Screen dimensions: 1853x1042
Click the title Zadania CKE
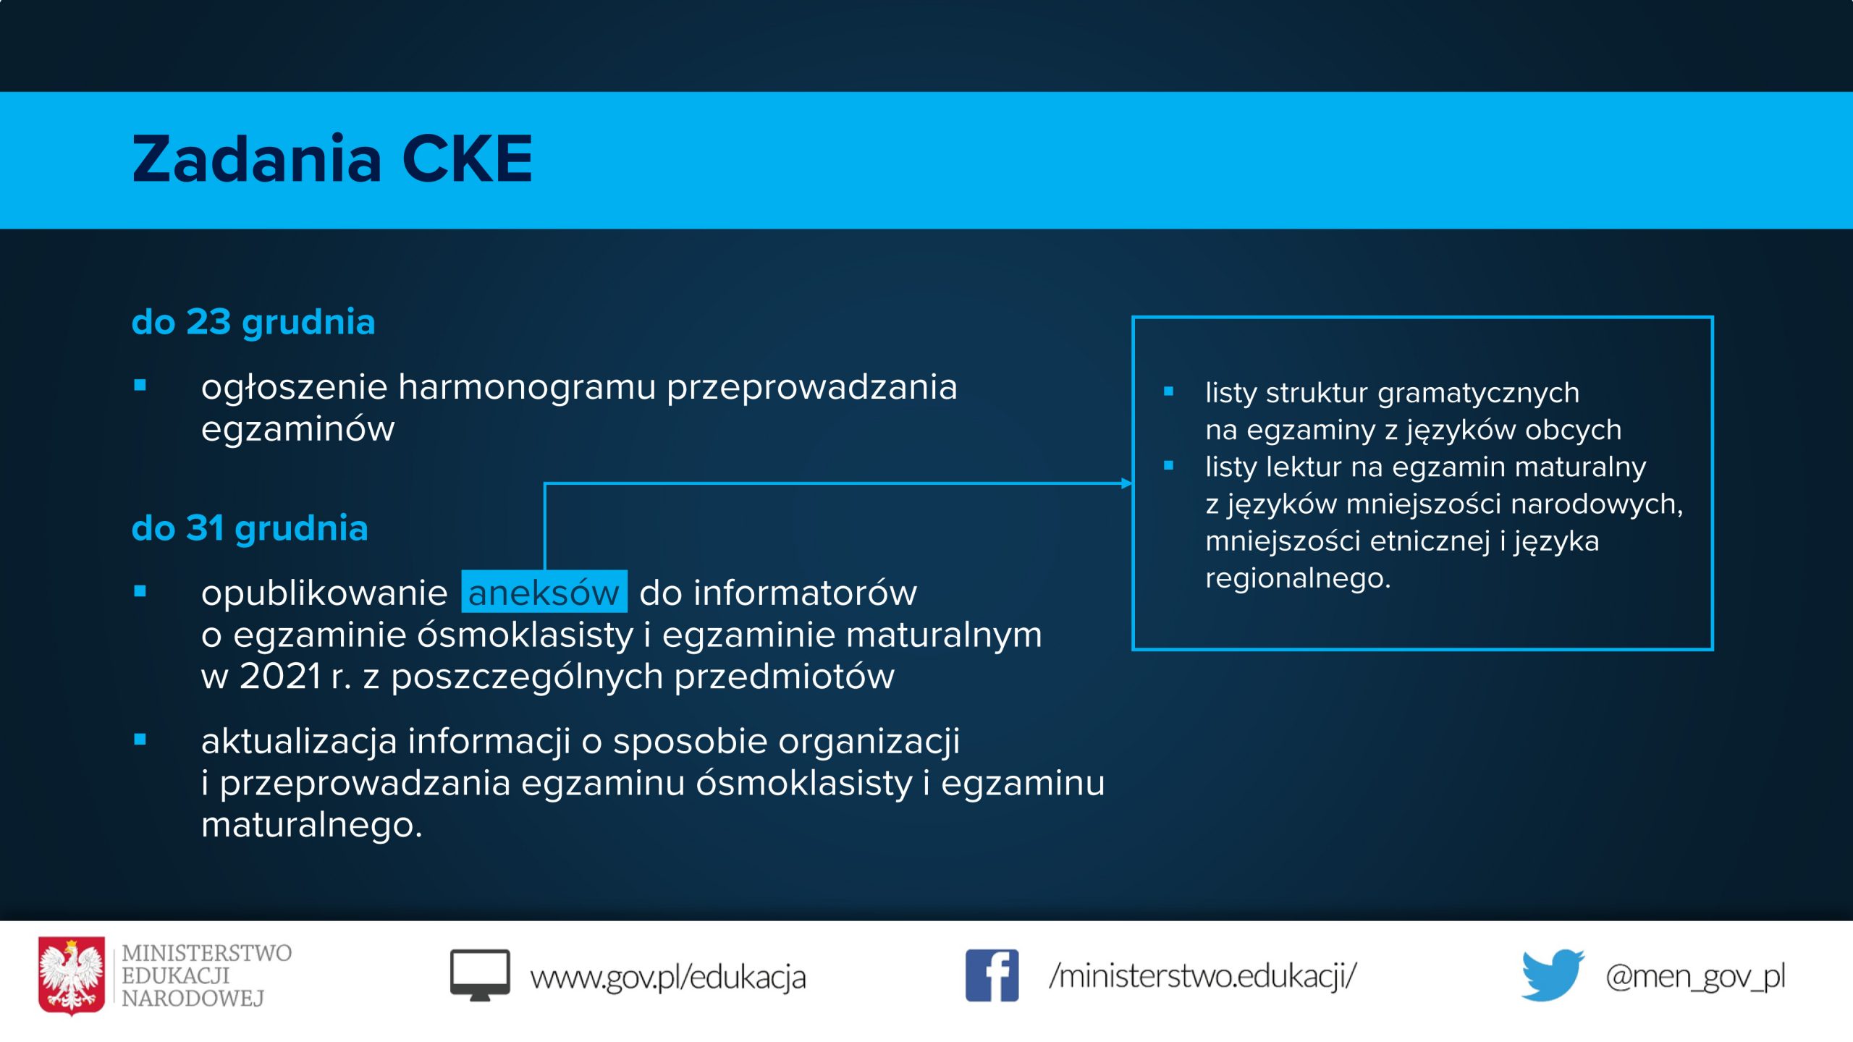[332, 158]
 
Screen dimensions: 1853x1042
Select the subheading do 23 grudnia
[253, 322]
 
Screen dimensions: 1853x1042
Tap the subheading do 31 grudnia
[250, 528]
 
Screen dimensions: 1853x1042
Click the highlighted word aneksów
[544, 593]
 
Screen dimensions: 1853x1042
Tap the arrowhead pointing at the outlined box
[1126, 483]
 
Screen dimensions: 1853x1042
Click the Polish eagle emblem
[71, 975]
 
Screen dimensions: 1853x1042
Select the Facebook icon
[992, 975]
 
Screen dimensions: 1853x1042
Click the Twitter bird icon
[1552, 975]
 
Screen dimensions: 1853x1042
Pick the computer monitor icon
[480, 975]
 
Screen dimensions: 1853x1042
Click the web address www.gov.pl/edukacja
[668, 977]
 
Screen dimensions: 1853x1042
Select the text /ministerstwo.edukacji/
[1203, 975]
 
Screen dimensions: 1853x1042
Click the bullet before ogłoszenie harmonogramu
[140, 385]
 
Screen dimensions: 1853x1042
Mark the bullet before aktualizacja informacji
[140, 739]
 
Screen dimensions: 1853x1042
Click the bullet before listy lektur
[1168, 466]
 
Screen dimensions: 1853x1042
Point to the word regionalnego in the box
[1298, 579]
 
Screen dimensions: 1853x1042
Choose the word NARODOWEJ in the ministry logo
[193, 999]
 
